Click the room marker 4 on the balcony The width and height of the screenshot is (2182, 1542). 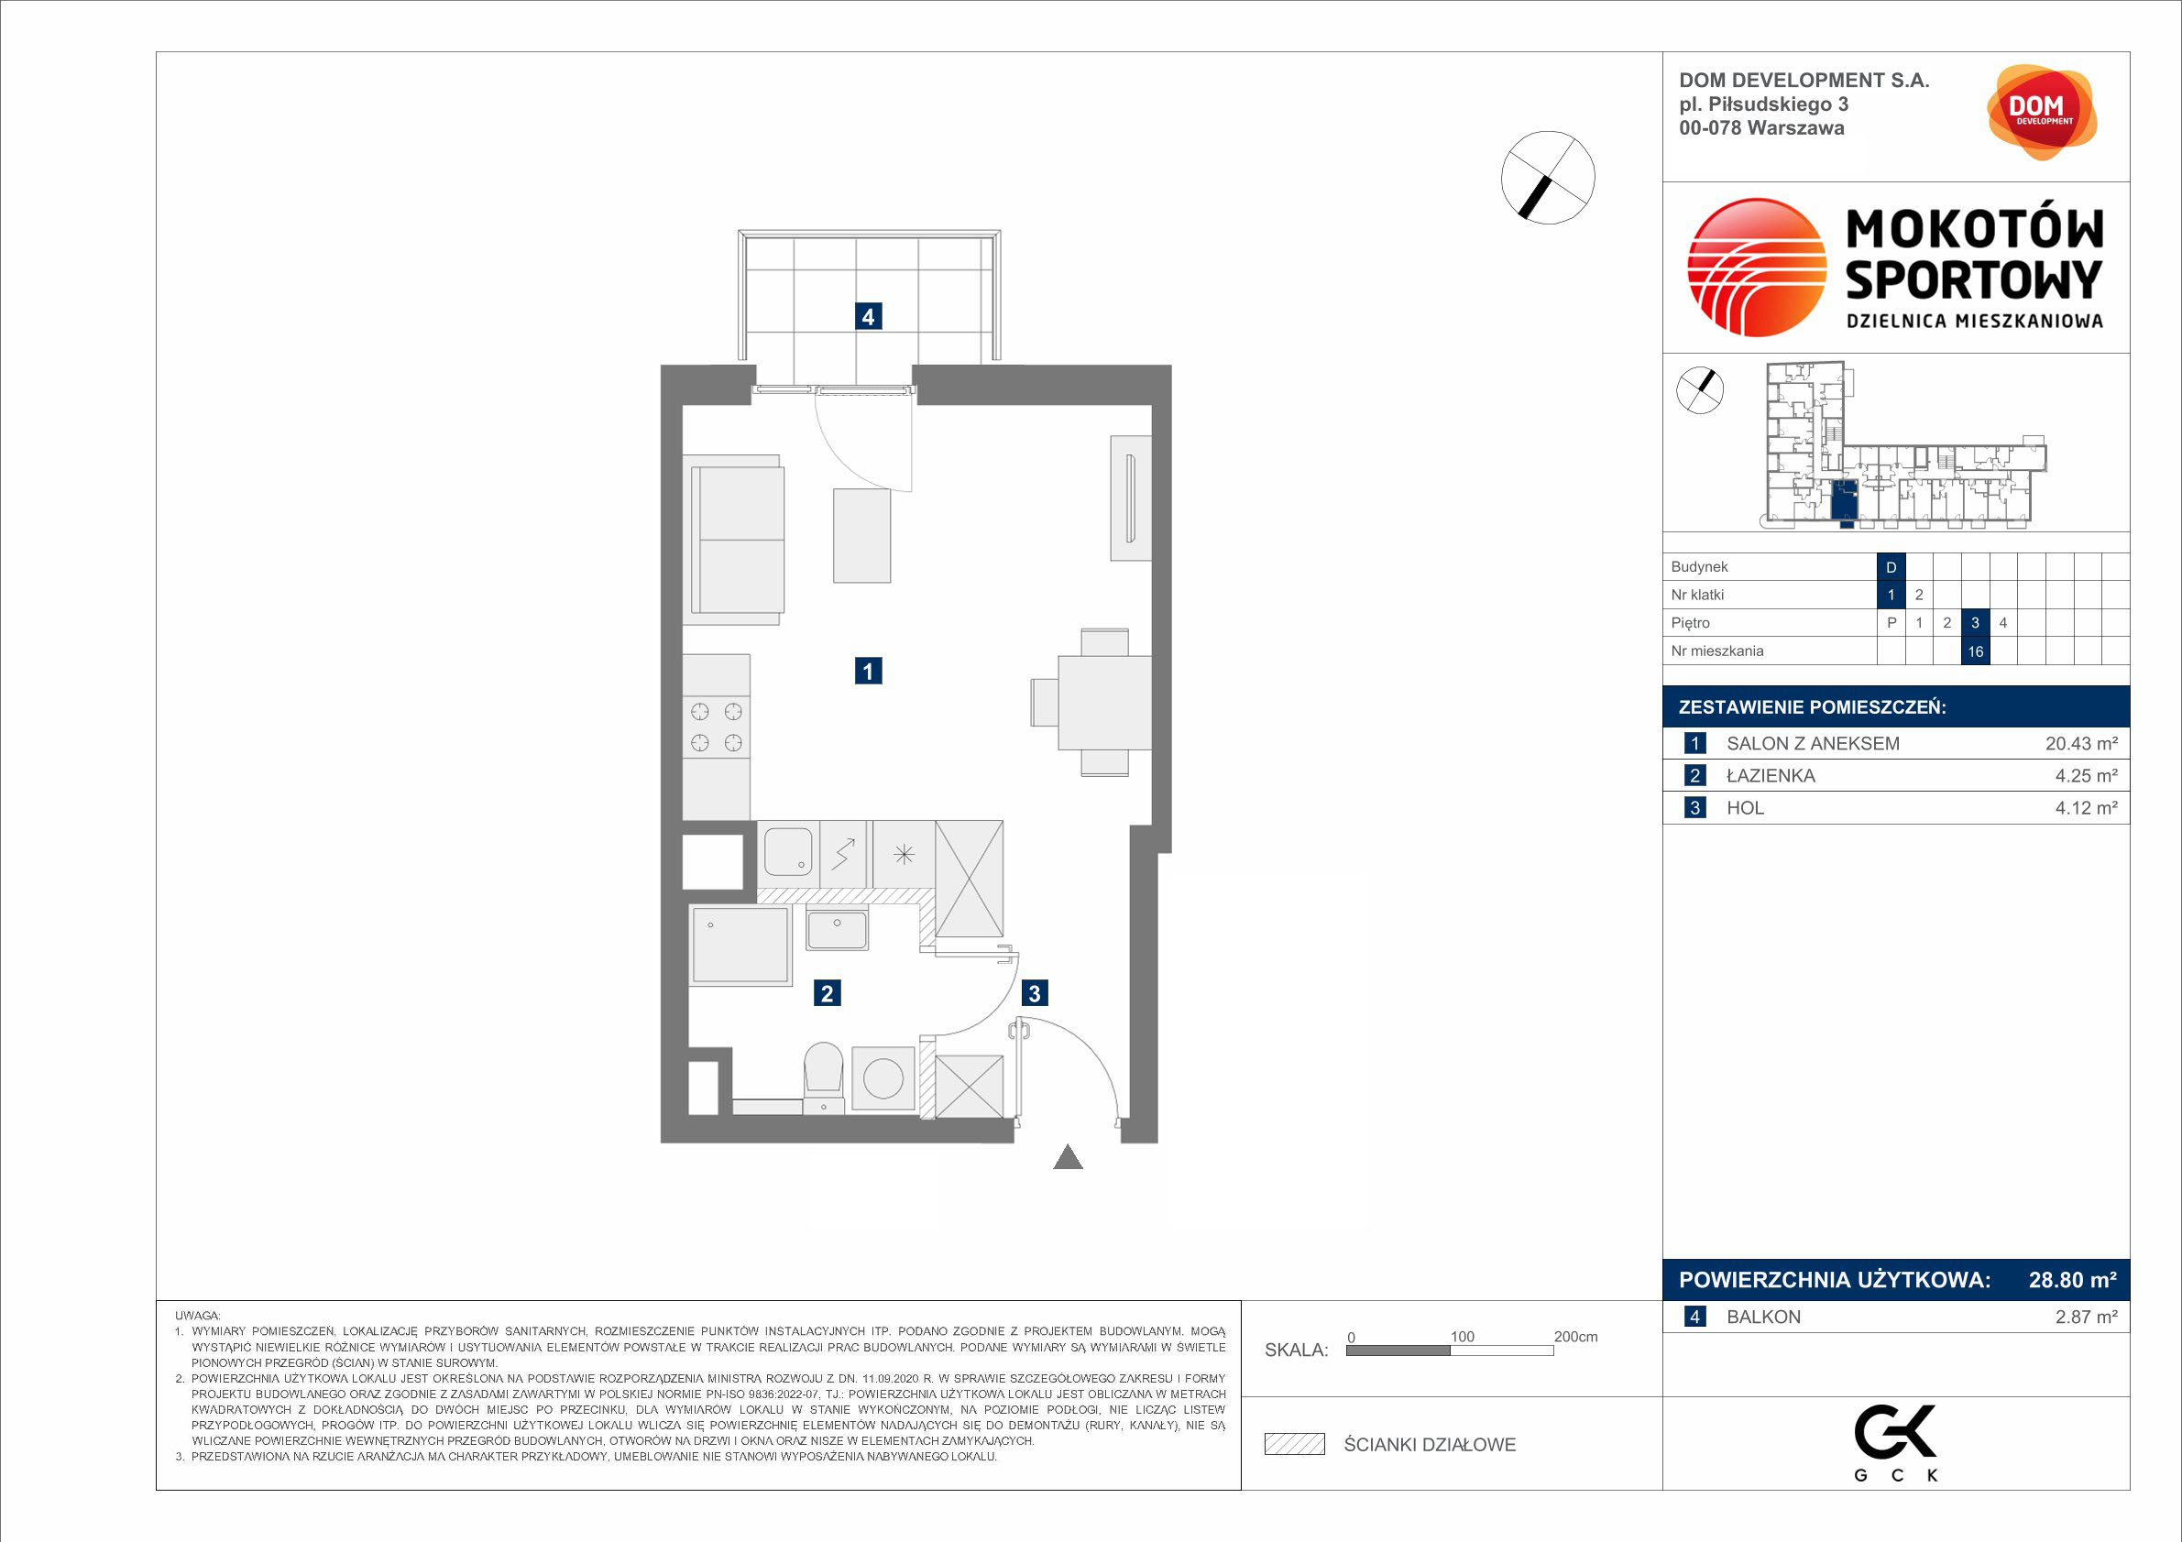[x=868, y=316]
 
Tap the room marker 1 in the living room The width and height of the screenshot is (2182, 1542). [x=868, y=672]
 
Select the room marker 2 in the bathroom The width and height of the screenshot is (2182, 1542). [x=827, y=994]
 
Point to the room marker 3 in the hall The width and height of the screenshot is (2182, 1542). [x=1035, y=994]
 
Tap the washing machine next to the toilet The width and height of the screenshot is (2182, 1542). [x=883, y=1078]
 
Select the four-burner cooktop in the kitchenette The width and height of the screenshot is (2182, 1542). [x=717, y=727]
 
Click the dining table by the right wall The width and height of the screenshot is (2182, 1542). [x=1104, y=703]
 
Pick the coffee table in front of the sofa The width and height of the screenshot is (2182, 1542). [x=862, y=535]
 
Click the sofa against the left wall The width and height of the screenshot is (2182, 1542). [x=734, y=540]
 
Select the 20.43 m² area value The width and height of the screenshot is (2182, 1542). [x=2081, y=744]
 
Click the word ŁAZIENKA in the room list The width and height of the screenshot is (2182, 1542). [x=1771, y=776]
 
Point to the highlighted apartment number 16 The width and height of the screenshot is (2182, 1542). [x=1976, y=651]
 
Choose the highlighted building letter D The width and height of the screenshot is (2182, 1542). [x=1891, y=567]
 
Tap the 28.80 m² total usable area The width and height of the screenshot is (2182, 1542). [x=2073, y=1280]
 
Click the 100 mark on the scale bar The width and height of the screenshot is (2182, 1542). [x=1463, y=1337]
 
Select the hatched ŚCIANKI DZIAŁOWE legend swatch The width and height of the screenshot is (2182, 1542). [x=1294, y=1444]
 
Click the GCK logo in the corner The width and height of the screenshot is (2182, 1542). [x=1897, y=1442]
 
